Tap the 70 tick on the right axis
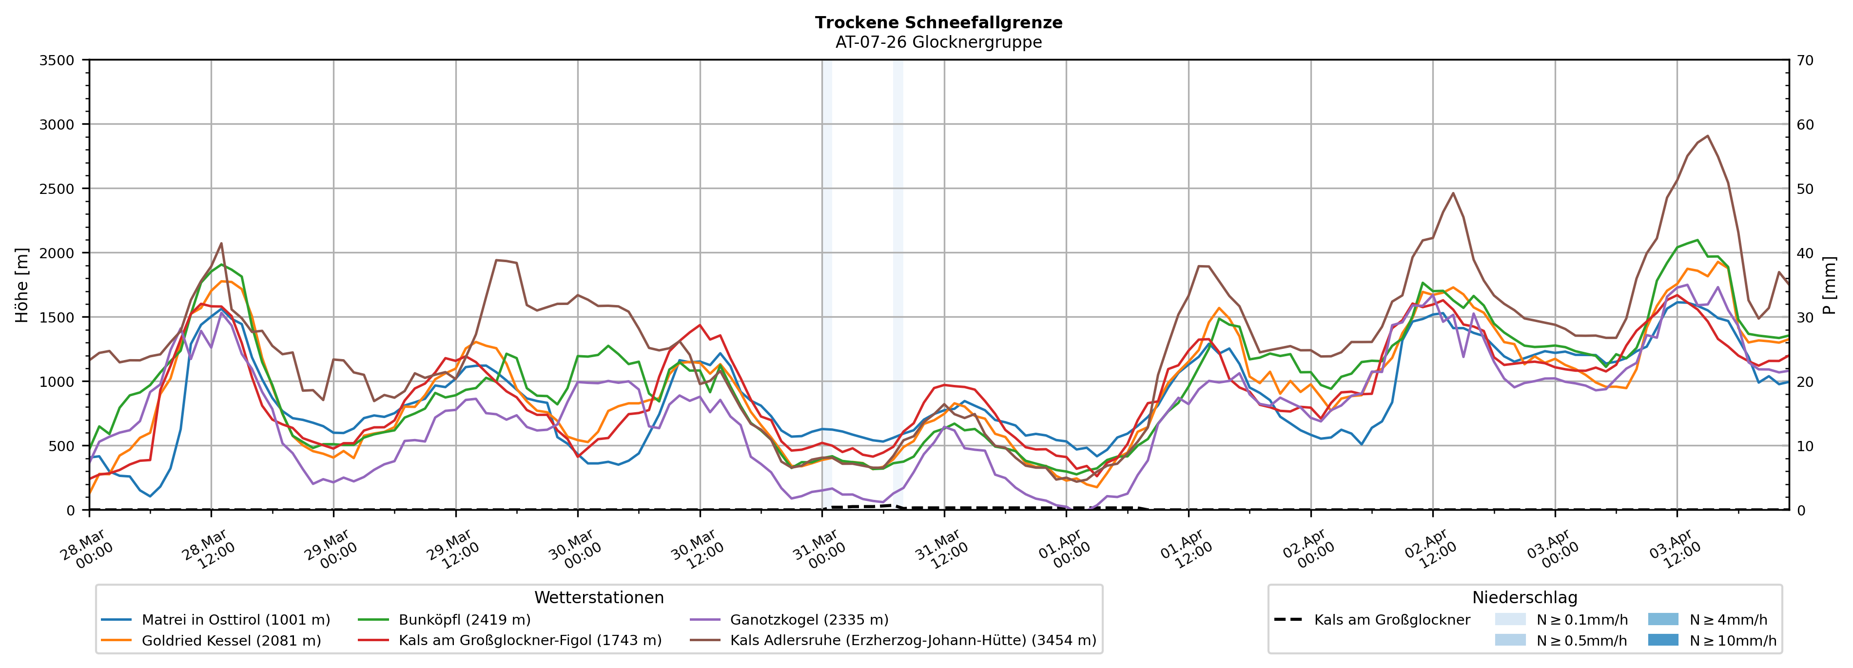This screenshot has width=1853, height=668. click(x=1805, y=60)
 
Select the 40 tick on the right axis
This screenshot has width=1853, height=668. click(x=1805, y=253)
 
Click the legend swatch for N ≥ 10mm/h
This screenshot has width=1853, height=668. click(x=1662, y=640)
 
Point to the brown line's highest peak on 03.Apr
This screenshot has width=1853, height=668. click(x=1707, y=136)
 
